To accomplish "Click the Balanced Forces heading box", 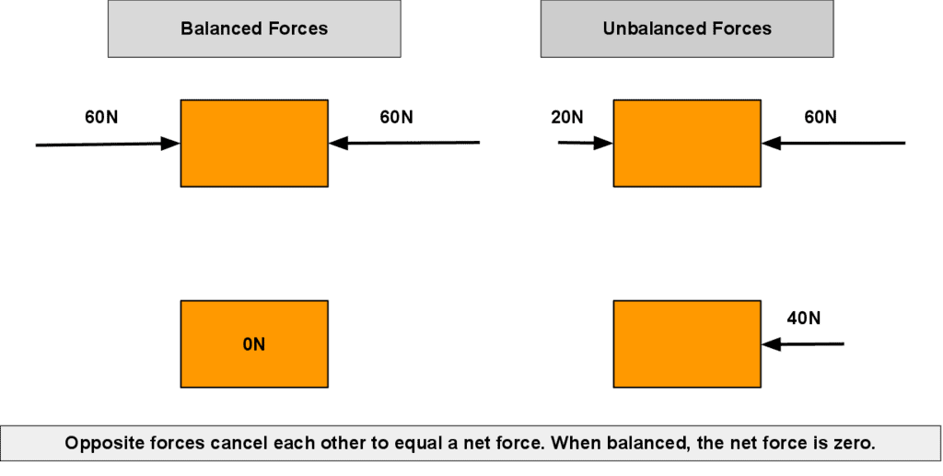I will pos(254,29).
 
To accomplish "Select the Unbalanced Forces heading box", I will pos(687,29).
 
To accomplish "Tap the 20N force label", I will pos(566,117).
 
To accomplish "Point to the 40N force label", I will pos(803,319).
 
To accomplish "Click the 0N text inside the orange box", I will pos(254,344).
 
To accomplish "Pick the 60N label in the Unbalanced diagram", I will pos(820,117).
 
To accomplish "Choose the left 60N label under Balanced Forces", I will pos(101,117).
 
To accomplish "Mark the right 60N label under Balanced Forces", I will pos(396,117).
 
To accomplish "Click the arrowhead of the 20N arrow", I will pos(604,143).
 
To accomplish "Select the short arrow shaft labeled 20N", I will pos(576,143).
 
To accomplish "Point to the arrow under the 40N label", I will pos(810,344).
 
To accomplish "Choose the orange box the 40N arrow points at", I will pos(687,344).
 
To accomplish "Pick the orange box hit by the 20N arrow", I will pos(687,143).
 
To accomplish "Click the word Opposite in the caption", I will pos(99,443).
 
